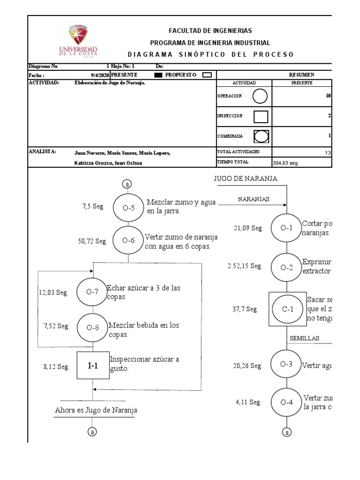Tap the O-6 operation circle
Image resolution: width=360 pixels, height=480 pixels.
pos(128,240)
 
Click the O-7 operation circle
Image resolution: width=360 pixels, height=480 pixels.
pos(92,292)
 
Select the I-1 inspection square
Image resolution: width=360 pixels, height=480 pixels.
pos(93,365)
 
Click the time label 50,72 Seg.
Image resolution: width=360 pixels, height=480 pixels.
pos(93,241)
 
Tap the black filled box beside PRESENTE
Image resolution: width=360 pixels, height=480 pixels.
pos(158,75)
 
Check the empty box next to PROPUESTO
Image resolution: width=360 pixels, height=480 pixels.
pos(207,75)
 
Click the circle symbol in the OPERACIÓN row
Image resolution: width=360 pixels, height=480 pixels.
pos(260,96)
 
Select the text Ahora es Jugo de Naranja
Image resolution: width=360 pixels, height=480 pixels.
pos(96,411)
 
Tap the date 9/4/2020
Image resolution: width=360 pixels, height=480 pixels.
pos(100,75)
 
